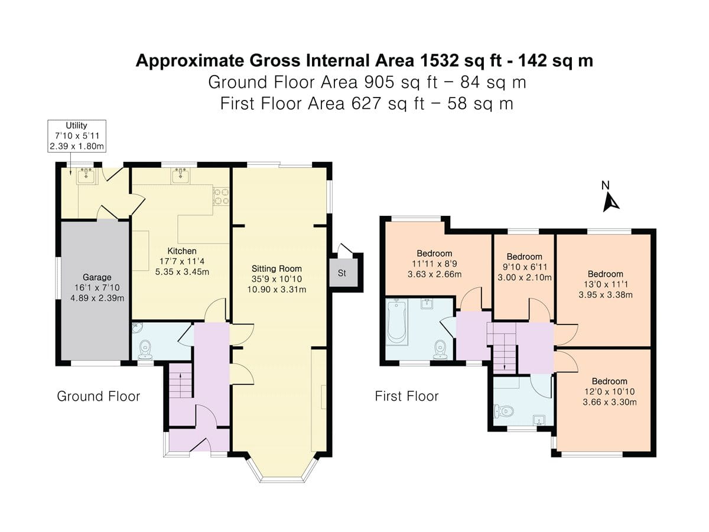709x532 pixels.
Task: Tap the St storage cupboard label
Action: click(x=342, y=274)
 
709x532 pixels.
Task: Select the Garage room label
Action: click(x=97, y=277)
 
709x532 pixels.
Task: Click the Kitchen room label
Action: click(x=181, y=251)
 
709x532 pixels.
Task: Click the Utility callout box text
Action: click(x=77, y=136)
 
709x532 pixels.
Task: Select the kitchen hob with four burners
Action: click(x=221, y=196)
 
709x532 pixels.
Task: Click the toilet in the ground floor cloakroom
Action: click(x=144, y=350)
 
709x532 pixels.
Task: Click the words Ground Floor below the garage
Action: click(x=98, y=396)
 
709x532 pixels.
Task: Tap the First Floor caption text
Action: click(x=406, y=396)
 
